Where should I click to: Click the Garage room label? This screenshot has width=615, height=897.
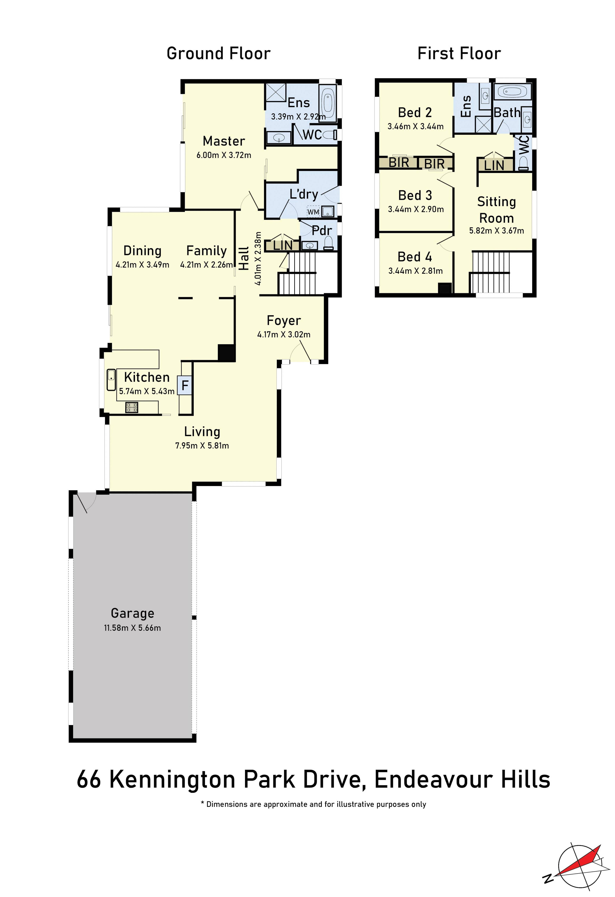[x=132, y=613]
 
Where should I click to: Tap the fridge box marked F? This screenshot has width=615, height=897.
[x=185, y=385]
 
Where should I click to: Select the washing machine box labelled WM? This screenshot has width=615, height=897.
[x=313, y=212]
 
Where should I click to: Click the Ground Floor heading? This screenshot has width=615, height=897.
[x=218, y=53]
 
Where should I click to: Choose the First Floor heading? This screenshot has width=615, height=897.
[x=459, y=53]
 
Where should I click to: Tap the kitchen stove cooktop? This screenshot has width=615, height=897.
[x=132, y=407]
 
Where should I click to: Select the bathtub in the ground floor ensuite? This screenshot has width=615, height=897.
[x=328, y=104]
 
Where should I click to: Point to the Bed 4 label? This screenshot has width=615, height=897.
[x=415, y=257]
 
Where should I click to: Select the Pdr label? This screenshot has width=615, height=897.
[x=322, y=230]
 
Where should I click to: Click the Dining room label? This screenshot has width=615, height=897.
[x=142, y=251]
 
